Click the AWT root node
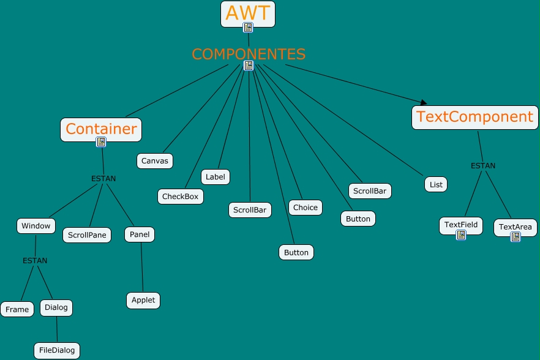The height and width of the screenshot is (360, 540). [x=248, y=13]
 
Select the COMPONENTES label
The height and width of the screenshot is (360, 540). [x=249, y=54]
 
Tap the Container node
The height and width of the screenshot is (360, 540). [x=101, y=129]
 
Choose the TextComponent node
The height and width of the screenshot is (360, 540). [x=475, y=116]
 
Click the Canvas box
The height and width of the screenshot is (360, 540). [x=155, y=161]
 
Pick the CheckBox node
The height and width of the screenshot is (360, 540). [x=180, y=197]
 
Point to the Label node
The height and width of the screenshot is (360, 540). [x=216, y=177]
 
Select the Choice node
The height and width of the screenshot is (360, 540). [x=306, y=208]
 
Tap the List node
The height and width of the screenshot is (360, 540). [x=436, y=184]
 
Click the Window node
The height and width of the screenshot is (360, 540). [x=36, y=226]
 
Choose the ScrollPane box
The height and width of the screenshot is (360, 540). [x=87, y=235]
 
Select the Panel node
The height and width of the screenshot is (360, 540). [x=140, y=234]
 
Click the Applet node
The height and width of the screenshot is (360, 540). [x=144, y=301]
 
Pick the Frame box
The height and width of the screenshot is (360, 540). [x=17, y=309]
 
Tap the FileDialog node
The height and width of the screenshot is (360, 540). [x=57, y=351]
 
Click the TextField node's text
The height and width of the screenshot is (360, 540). [x=461, y=225]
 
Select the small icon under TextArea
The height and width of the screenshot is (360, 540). [x=516, y=237]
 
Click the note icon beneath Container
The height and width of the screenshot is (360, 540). [x=101, y=142]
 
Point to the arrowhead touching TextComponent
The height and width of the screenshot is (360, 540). [x=422, y=102]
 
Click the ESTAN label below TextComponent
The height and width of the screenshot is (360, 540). [x=483, y=166]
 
